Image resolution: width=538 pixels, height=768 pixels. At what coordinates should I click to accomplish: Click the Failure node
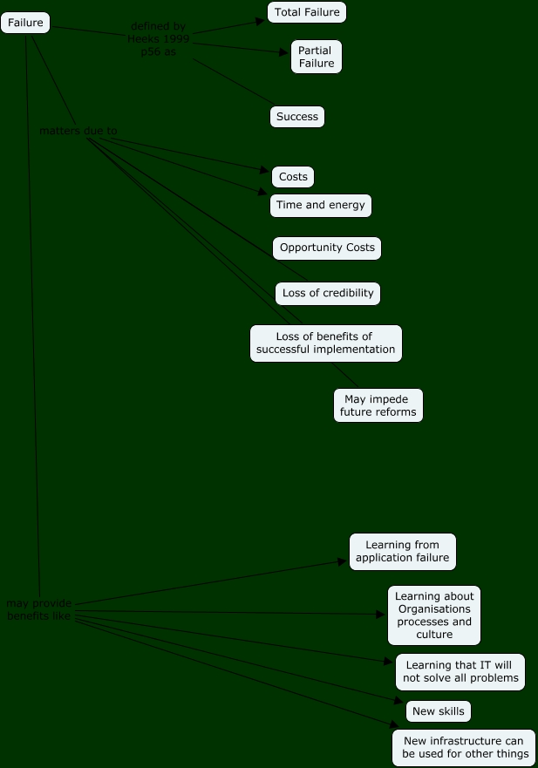(25, 23)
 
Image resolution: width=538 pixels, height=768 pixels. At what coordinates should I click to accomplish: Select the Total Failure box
(307, 12)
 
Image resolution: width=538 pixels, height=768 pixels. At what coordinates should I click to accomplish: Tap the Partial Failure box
(316, 57)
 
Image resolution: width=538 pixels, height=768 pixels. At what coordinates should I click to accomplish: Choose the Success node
(297, 117)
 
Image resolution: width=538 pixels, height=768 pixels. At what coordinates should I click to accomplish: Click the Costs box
(293, 177)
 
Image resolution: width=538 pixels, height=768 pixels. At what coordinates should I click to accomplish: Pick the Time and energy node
(321, 206)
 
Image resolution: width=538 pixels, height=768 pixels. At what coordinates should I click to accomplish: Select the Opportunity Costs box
(327, 248)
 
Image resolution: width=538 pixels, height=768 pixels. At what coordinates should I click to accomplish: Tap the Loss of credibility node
(328, 293)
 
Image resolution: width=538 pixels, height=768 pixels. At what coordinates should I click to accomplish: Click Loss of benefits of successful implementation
(325, 343)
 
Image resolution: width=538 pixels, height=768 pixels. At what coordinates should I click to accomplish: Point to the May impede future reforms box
(378, 405)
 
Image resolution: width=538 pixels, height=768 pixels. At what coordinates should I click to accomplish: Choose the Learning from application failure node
(403, 552)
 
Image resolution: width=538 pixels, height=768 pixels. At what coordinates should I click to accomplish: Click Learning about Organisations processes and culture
(434, 615)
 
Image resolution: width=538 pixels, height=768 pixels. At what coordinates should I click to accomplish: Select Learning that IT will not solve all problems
(460, 672)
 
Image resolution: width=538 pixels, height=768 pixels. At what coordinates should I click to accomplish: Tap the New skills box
(439, 711)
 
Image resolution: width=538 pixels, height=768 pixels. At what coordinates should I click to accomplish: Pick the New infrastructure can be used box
(465, 747)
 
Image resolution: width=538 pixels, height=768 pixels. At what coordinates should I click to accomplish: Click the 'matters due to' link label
(78, 131)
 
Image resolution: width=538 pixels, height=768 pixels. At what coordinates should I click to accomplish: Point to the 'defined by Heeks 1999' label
(158, 39)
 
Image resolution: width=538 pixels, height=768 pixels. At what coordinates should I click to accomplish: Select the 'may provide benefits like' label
(39, 609)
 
